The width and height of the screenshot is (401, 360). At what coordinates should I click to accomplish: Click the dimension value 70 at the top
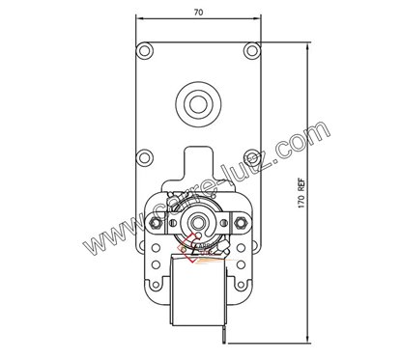[198, 12]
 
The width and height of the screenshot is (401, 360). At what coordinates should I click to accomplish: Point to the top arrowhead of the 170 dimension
[307, 42]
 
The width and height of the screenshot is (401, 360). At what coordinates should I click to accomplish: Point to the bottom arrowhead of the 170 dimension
[307, 342]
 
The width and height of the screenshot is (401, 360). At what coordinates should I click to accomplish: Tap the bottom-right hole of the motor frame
[243, 285]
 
